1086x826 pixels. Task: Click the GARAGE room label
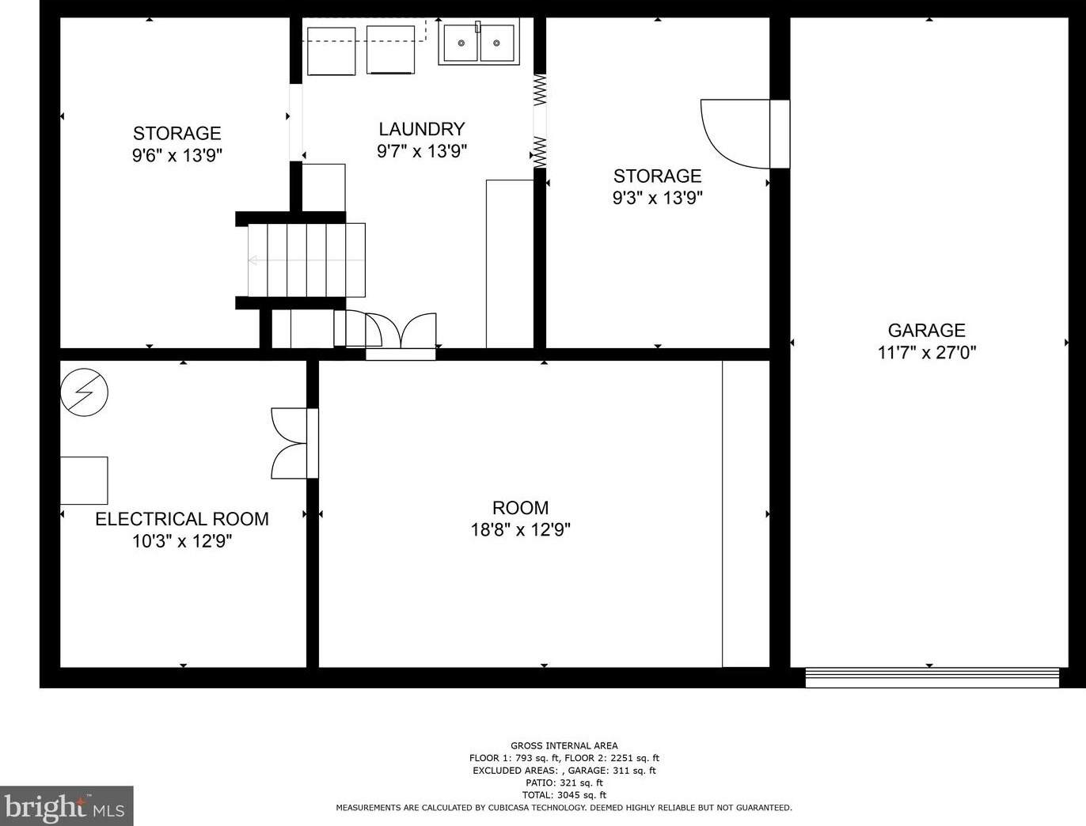coord(927,330)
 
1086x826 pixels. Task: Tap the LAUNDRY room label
coord(422,129)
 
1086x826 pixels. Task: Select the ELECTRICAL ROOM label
coord(182,519)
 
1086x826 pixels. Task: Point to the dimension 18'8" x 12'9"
coord(521,530)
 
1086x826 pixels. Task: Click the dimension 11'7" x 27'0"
coord(927,352)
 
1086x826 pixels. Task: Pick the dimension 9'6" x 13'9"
coord(177,155)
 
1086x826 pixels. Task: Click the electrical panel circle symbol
coord(84,392)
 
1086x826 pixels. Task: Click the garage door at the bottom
coord(932,677)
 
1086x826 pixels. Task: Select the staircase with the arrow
coord(306,260)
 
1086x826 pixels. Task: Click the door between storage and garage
coord(745,134)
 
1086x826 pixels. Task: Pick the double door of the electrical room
coord(295,443)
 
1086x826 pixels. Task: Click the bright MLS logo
coord(66,805)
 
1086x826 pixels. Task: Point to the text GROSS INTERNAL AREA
coord(564,745)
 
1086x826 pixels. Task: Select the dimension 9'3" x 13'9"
coord(658,198)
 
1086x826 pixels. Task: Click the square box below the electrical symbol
coord(84,480)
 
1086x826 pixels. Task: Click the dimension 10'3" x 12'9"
coord(182,541)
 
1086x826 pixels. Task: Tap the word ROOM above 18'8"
coord(521,508)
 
